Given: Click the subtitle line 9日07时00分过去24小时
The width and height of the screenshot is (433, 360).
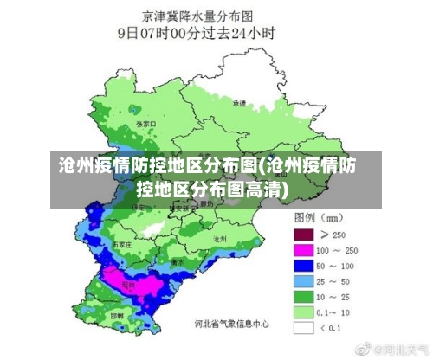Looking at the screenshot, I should [197, 34].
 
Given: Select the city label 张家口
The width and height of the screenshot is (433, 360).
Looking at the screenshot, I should [145, 124].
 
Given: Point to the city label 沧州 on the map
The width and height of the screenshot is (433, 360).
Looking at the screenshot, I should [219, 237].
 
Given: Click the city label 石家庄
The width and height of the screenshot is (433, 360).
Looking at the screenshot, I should [122, 245].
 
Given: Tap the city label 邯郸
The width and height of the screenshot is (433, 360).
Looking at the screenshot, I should [117, 316].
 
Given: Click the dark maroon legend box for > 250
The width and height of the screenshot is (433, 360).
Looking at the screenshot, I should [302, 234].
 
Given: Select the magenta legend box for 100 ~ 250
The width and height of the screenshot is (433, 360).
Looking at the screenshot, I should [302, 250].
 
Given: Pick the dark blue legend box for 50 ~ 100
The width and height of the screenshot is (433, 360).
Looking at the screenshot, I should [302, 266].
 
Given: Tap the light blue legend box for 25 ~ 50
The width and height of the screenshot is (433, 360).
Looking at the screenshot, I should [302, 281].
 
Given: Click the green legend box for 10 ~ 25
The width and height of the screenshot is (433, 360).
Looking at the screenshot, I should [302, 297].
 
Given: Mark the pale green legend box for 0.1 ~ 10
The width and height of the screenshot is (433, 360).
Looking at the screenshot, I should [302, 312].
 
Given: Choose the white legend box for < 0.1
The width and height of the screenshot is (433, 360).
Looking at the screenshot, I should [302, 328].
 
